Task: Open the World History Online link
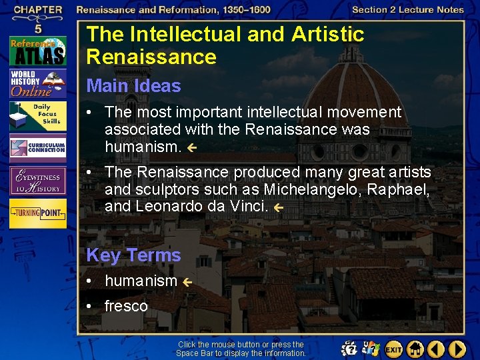[38, 83]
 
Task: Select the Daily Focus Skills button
[38, 116]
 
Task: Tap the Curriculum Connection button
[38, 147]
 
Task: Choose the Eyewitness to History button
[38, 180]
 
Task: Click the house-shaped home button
[415, 349]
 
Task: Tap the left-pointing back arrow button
[436, 349]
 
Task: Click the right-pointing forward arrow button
[457, 349]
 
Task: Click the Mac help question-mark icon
[349, 349]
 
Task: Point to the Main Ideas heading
[133, 85]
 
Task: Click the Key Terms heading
[133, 255]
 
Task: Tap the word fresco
[126, 306]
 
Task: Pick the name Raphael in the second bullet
[403, 189]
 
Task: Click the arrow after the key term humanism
[188, 283]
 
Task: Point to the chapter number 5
[38, 29]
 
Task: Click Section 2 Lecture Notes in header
[407, 9]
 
